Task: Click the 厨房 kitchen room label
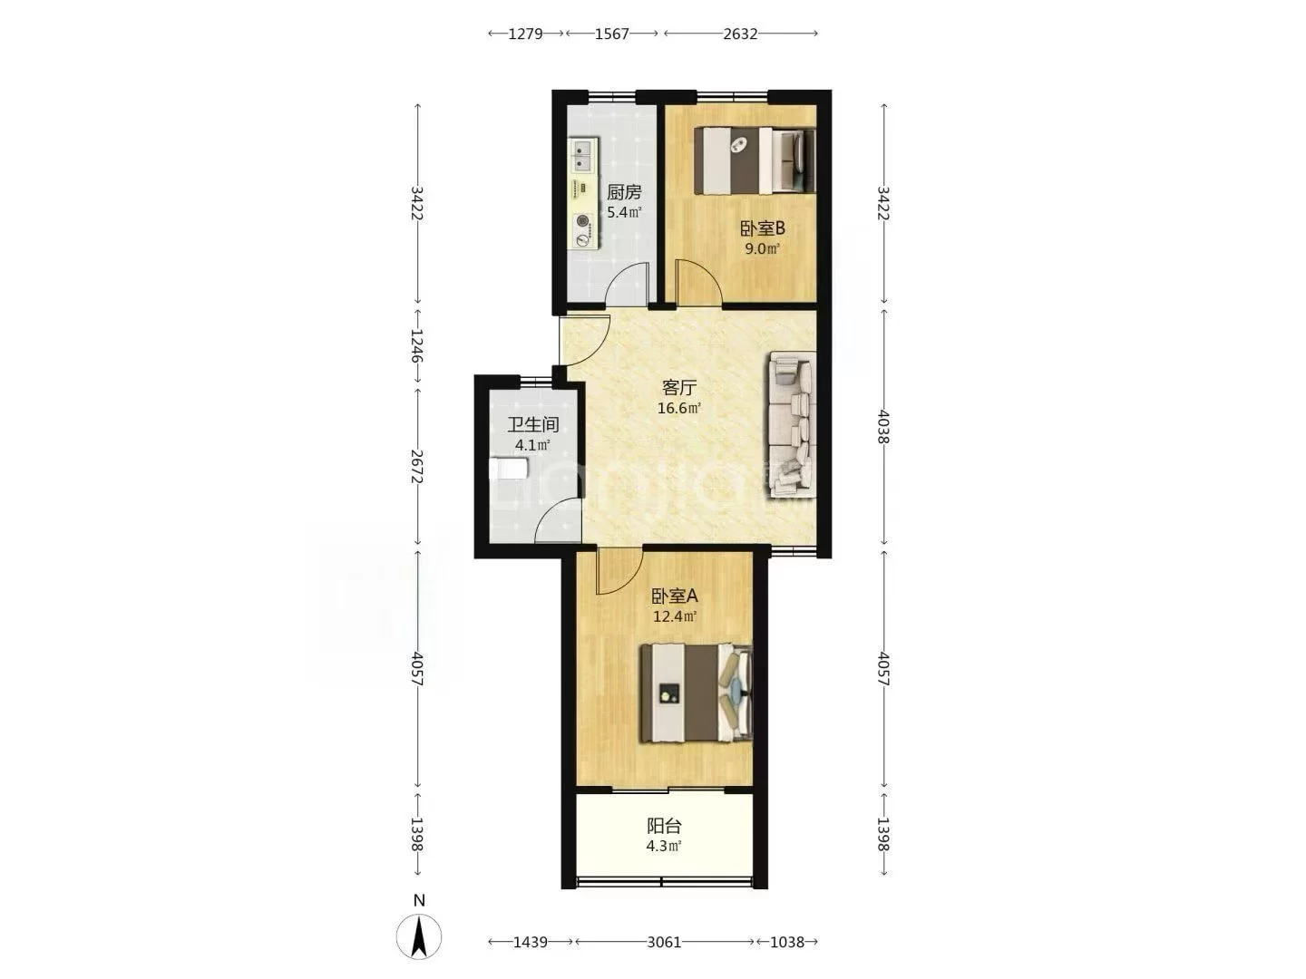click(x=624, y=192)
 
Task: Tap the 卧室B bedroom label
click(x=762, y=228)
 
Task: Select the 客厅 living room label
click(x=679, y=388)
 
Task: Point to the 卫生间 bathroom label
click(x=532, y=424)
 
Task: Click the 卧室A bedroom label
click(x=675, y=596)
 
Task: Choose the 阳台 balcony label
click(x=664, y=826)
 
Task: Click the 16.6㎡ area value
click(x=679, y=408)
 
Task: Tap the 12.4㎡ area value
click(x=675, y=616)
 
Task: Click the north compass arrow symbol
click(x=419, y=936)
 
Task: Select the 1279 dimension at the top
click(x=525, y=34)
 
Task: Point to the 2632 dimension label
click(x=740, y=34)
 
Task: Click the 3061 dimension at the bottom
click(x=664, y=942)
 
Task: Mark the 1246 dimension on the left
click(x=417, y=345)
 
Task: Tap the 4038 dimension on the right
click(x=883, y=426)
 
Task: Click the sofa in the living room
click(x=792, y=424)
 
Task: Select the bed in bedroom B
click(x=755, y=160)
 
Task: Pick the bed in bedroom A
click(x=697, y=693)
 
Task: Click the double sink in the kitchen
click(x=584, y=155)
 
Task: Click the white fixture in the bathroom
click(x=509, y=468)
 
